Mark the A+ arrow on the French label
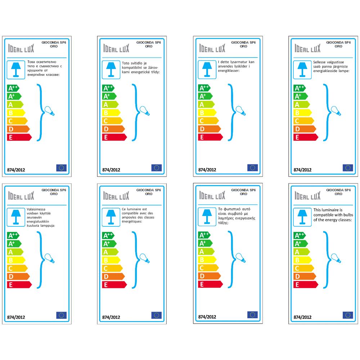tap(109, 244)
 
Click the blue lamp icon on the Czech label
tap(109, 68)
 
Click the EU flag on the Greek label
tap(252, 315)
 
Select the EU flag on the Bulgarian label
tap(62, 167)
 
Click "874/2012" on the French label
tap(111, 318)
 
